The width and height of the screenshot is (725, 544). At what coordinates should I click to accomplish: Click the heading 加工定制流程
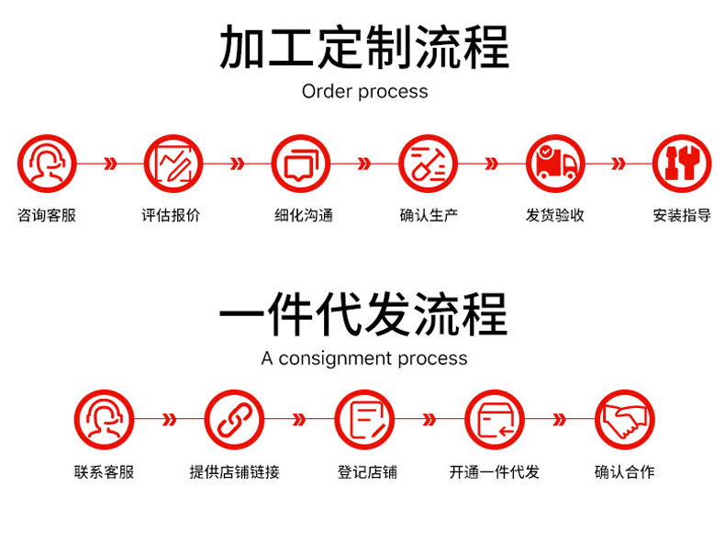(363, 48)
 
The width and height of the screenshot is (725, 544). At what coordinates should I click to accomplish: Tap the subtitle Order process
(364, 92)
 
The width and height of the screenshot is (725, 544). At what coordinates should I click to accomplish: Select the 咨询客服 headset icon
(47, 164)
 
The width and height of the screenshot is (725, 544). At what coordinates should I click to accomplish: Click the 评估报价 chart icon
(173, 164)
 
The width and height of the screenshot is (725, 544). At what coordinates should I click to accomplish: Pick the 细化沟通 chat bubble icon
(301, 164)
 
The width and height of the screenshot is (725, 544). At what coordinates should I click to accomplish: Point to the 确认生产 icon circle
(428, 164)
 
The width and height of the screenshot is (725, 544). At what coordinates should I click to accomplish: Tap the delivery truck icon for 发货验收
(554, 164)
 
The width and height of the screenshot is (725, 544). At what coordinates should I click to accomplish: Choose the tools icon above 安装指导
(681, 164)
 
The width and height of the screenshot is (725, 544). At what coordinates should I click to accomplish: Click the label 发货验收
(554, 216)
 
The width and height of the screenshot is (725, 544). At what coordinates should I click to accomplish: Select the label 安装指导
(681, 216)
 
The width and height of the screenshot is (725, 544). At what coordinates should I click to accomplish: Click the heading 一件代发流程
(363, 315)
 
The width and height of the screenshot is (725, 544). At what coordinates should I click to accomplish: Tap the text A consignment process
(364, 358)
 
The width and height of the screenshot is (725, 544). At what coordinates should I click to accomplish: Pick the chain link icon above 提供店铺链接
(234, 420)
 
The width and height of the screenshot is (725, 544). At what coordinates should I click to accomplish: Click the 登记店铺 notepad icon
(364, 420)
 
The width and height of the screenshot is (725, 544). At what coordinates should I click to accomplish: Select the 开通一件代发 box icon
(495, 420)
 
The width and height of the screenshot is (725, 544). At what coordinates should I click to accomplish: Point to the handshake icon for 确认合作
(624, 420)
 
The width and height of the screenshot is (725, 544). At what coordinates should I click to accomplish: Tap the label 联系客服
(104, 472)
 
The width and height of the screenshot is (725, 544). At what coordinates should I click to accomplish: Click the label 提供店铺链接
(234, 472)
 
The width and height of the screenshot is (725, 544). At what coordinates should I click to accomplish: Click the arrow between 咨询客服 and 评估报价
(110, 164)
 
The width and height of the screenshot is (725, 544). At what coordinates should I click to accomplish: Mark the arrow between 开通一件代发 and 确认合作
(559, 421)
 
